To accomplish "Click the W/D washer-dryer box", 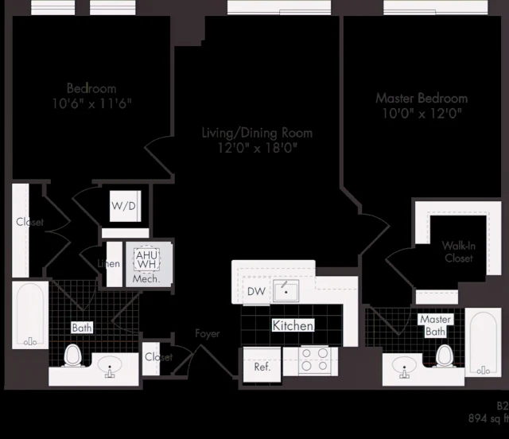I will (x=124, y=206).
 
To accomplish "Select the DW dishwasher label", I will (x=256, y=292).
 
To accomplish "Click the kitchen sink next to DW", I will (x=286, y=290).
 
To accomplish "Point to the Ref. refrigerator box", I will (x=262, y=367).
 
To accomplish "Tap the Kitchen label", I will (x=293, y=326).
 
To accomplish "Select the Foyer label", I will (x=208, y=334).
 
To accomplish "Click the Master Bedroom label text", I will (x=422, y=99).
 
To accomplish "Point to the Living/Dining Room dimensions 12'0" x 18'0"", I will (x=256, y=148).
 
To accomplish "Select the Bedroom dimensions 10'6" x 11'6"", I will (x=91, y=103).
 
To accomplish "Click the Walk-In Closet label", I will (x=458, y=252).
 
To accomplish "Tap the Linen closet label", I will (x=109, y=264).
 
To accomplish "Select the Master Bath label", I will (x=435, y=325).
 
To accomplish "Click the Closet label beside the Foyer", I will (x=158, y=357).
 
